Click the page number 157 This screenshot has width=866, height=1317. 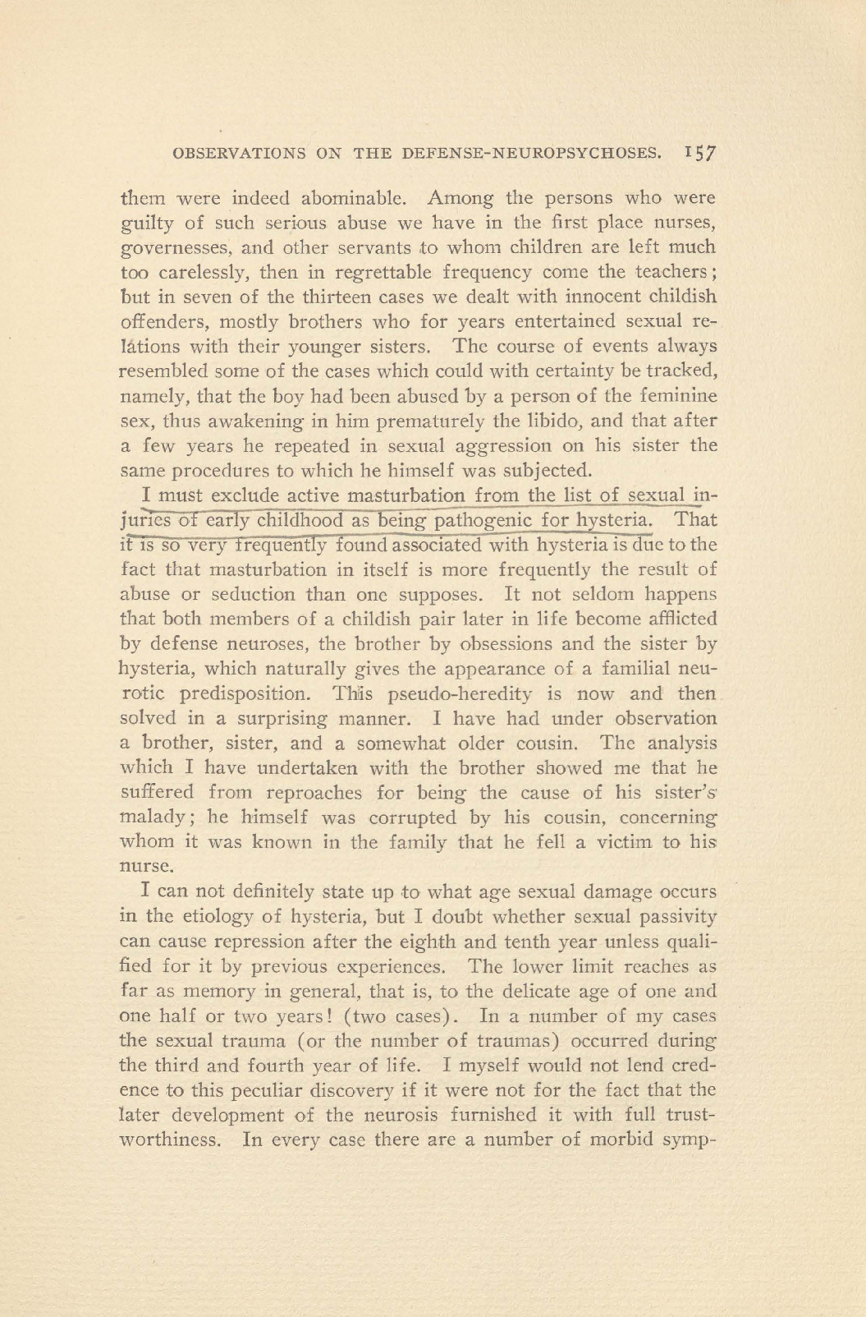700,152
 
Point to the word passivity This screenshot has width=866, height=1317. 672,917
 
